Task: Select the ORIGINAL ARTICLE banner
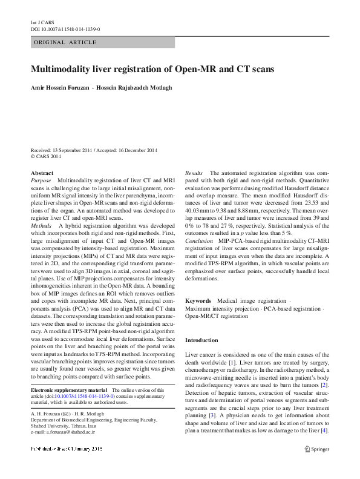click(65, 42)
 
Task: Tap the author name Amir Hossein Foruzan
click(61, 87)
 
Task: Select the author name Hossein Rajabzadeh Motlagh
click(135, 87)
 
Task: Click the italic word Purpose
click(41, 180)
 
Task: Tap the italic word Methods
click(41, 223)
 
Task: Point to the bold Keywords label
click(198, 300)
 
